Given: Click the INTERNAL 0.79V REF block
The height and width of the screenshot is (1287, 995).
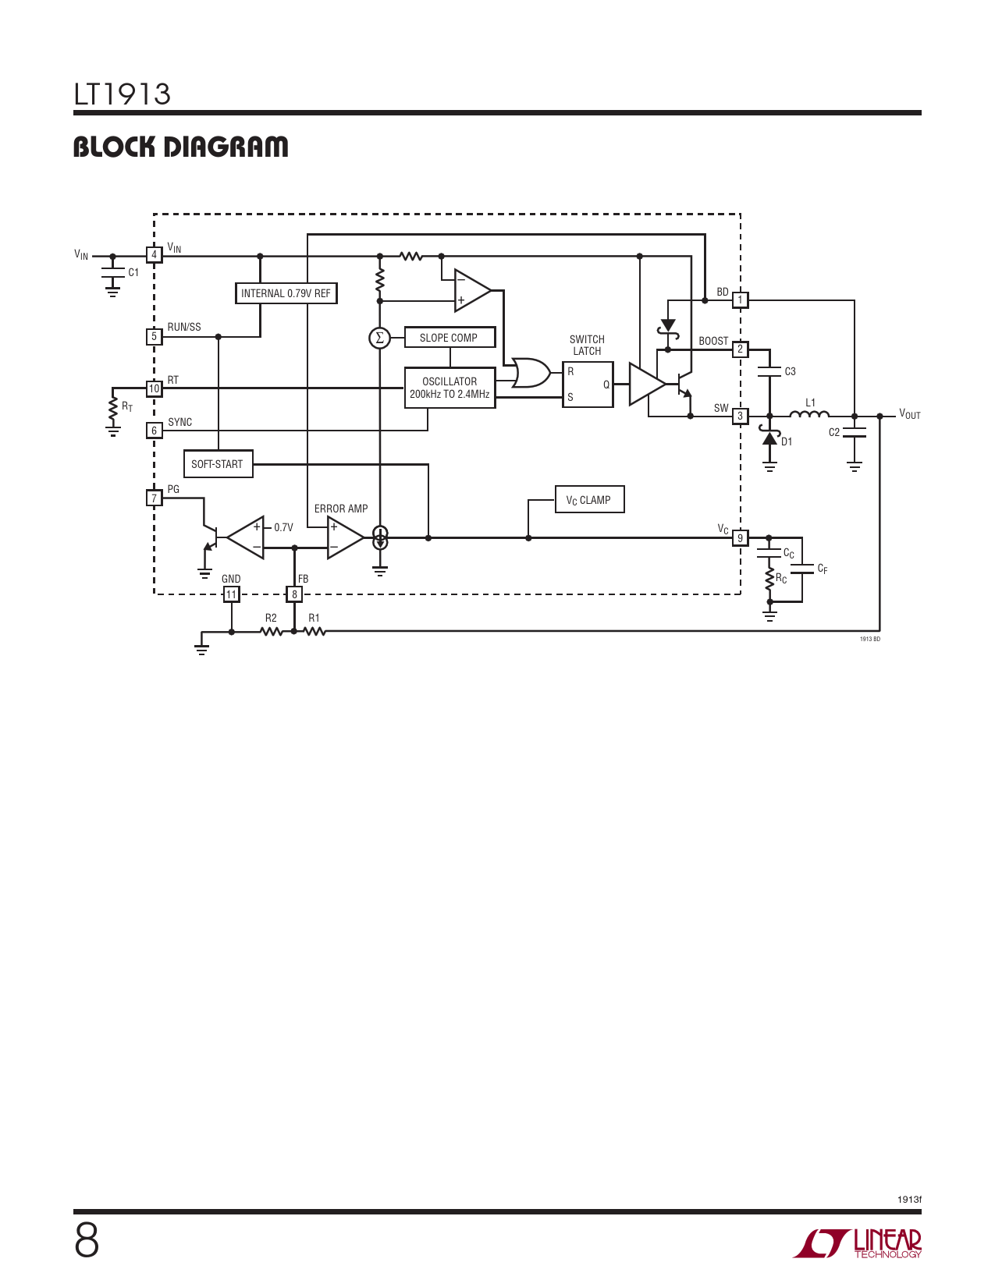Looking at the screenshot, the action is [286, 293].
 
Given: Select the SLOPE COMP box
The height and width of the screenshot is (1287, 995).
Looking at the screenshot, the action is [450, 338].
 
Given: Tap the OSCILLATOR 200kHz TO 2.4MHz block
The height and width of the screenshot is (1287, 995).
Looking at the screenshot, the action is [450, 388].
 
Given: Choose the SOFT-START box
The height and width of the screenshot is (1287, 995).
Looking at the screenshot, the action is [218, 464].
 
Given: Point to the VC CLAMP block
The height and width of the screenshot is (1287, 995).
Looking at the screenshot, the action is [590, 499].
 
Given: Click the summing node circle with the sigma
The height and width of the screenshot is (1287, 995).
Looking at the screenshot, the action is [380, 339].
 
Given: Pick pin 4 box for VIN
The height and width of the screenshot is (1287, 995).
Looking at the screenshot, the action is [154, 255].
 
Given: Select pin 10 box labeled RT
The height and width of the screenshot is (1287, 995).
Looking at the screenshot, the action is [154, 388].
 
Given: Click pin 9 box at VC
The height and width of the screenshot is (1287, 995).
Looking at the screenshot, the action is [740, 537].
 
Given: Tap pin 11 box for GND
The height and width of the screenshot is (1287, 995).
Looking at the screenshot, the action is [231, 594].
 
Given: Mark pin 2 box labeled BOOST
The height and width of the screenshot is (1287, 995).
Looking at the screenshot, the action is [740, 349].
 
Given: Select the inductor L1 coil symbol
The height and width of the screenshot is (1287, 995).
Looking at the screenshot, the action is [809, 414].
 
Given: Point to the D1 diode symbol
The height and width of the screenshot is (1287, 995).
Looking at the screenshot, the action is [769, 437].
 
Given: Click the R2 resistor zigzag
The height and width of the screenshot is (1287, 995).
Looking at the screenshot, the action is [272, 632].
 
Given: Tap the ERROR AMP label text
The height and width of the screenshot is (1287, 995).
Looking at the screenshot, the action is [341, 509].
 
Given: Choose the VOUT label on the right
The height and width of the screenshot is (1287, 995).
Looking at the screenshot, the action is [910, 414].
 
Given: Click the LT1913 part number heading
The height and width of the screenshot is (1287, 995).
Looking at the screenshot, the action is [122, 94].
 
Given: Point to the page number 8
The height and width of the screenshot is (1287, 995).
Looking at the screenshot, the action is [87, 1242].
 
